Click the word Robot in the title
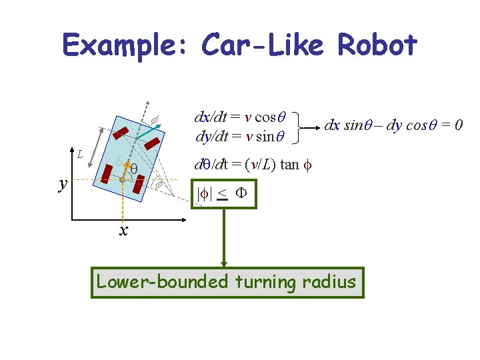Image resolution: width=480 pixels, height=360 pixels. [x=377, y=45]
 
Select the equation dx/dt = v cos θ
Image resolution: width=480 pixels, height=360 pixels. [x=240, y=117]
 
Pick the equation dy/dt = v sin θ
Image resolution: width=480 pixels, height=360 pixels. [x=240, y=137]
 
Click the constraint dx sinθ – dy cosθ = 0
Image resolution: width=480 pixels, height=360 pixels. [x=394, y=124]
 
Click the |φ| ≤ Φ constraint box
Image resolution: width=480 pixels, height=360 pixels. [x=224, y=194]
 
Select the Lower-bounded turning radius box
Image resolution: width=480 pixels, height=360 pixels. [x=227, y=282]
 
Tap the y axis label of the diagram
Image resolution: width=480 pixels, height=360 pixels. [x=63, y=183]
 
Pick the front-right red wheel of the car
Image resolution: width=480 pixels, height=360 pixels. [x=153, y=143]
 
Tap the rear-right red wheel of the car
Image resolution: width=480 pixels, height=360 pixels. [x=139, y=185]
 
